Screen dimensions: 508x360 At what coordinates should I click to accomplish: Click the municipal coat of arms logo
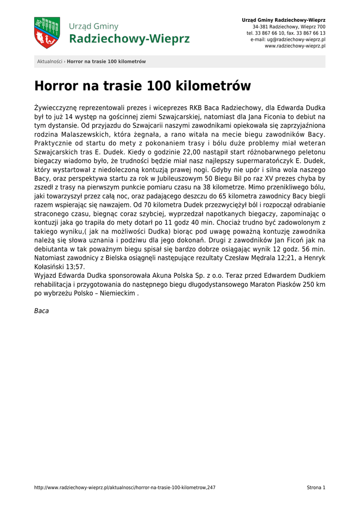coord(47,33)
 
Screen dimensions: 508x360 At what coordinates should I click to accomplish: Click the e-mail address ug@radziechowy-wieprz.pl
coord(296,39)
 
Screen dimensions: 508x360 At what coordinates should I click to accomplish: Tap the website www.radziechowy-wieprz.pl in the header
coord(295,46)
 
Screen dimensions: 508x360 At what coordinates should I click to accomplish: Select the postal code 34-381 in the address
coord(260,27)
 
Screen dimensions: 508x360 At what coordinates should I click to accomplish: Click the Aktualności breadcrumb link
coord(50,62)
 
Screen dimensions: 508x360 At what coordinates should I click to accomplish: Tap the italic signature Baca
coord(41,311)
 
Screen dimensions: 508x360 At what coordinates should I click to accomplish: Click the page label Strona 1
coord(316,488)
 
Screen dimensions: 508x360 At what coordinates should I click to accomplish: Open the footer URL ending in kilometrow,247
coord(125,488)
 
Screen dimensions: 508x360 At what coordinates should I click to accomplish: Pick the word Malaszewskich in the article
coord(81,134)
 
